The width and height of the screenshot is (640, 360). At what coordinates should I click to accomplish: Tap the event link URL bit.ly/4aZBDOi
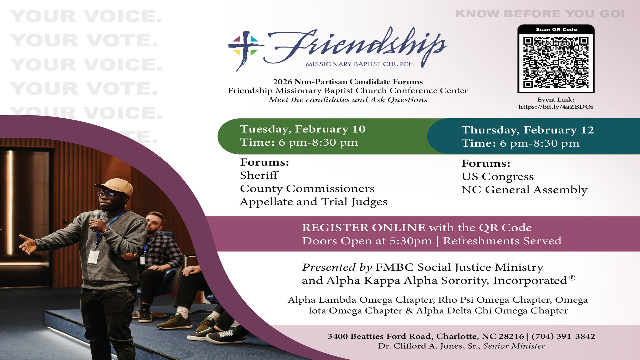pyautogui.click(x=556, y=107)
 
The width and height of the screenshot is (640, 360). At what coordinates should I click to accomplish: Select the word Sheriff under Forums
pyautogui.click(x=259, y=175)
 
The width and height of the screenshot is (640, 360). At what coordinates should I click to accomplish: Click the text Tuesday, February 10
pyautogui.click(x=303, y=129)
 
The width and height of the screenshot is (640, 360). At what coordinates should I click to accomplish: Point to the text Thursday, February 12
pyautogui.click(x=528, y=130)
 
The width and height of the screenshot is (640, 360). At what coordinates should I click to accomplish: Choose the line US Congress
pyautogui.click(x=498, y=177)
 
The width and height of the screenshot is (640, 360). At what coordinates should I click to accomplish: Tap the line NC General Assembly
pyautogui.click(x=524, y=190)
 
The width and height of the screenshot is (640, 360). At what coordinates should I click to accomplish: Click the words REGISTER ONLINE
pyautogui.click(x=364, y=228)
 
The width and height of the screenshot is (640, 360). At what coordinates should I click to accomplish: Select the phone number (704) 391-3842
pyautogui.click(x=563, y=336)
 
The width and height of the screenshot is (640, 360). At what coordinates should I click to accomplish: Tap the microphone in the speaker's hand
pyautogui.click(x=96, y=218)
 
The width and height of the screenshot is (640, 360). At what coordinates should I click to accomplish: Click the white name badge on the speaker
pyautogui.click(x=93, y=257)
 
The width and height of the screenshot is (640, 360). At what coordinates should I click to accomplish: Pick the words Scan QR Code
pyautogui.click(x=556, y=30)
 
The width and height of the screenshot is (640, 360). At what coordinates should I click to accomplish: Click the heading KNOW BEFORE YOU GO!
pyautogui.click(x=540, y=14)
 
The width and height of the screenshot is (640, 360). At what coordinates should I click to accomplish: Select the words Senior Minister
pyautogui.click(x=514, y=346)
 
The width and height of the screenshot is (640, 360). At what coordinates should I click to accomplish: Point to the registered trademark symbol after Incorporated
pyautogui.click(x=572, y=278)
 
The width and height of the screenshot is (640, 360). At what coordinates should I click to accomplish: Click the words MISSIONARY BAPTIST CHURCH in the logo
pyautogui.click(x=360, y=64)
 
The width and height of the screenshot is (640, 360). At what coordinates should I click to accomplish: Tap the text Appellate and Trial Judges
pyautogui.click(x=314, y=202)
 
